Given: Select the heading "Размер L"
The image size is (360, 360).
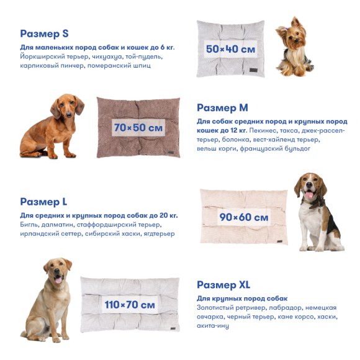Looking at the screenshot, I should coord(43,202).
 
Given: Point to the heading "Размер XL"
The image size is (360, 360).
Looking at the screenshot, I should coord(223,285).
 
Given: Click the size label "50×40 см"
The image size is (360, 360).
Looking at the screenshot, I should coord(231,48).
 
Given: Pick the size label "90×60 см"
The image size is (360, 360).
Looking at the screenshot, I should coord(244,217).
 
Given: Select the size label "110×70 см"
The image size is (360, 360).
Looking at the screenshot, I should coord(130,305).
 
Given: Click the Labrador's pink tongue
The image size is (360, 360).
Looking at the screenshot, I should coord(58,280).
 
